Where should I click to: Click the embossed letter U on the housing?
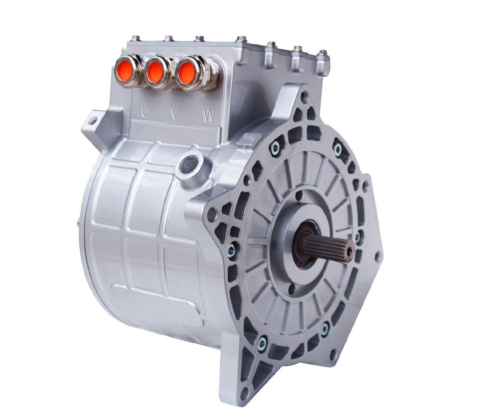pyautogui.click(x=145, y=111)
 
